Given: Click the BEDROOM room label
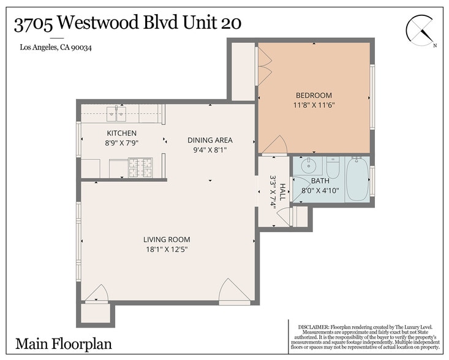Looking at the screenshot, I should [314, 96].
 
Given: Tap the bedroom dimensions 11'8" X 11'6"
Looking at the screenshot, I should [314, 105].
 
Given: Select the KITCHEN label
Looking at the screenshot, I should [122, 133].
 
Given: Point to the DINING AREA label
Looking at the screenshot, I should [210, 140].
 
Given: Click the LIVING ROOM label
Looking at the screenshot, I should [167, 239].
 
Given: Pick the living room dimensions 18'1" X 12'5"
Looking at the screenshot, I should [167, 249].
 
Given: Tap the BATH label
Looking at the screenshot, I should [320, 181].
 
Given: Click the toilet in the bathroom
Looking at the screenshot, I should [333, 167].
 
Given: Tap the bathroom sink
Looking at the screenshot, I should [308, 165].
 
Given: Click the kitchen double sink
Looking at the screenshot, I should [115, 113].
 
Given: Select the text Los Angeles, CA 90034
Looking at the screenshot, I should [56, 47].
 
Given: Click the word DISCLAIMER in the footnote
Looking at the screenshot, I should [313, 328].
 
